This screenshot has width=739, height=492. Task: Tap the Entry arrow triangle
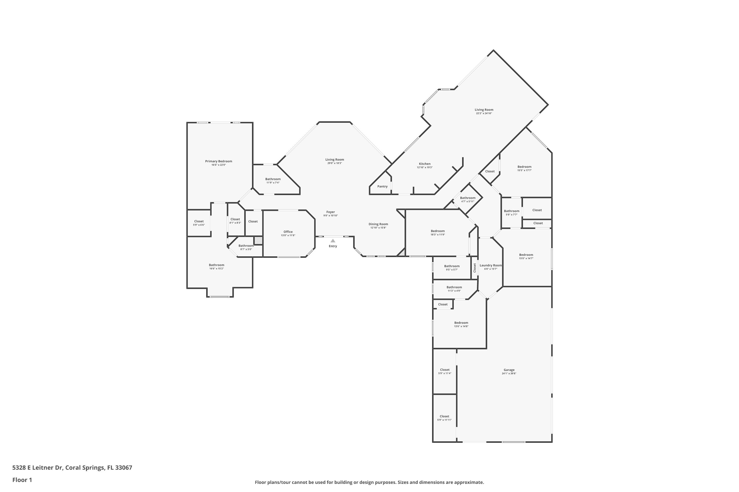pos(333,241)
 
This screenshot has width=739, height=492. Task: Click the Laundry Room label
pos(490,265)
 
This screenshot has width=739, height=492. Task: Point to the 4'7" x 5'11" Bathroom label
pos(468,198)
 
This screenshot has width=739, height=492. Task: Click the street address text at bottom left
pos(72,468)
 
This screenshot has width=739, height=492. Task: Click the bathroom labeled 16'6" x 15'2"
pos(217,265)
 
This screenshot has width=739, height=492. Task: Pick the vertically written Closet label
pos(474,268)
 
